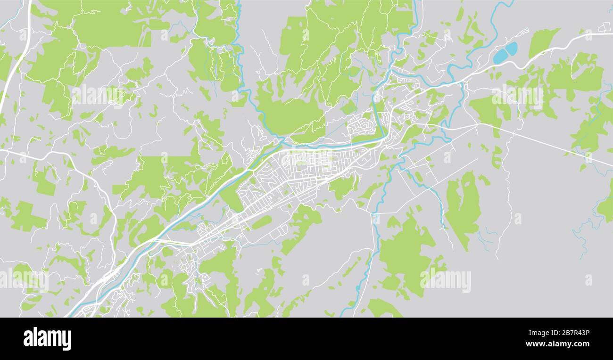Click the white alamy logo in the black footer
pos(47,339)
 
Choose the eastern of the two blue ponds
pos(512,49)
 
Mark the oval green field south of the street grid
pos(262,222)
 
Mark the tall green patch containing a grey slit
pos(462,207)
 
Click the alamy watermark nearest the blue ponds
pos(517,97)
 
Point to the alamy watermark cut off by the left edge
pos(24,280)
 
